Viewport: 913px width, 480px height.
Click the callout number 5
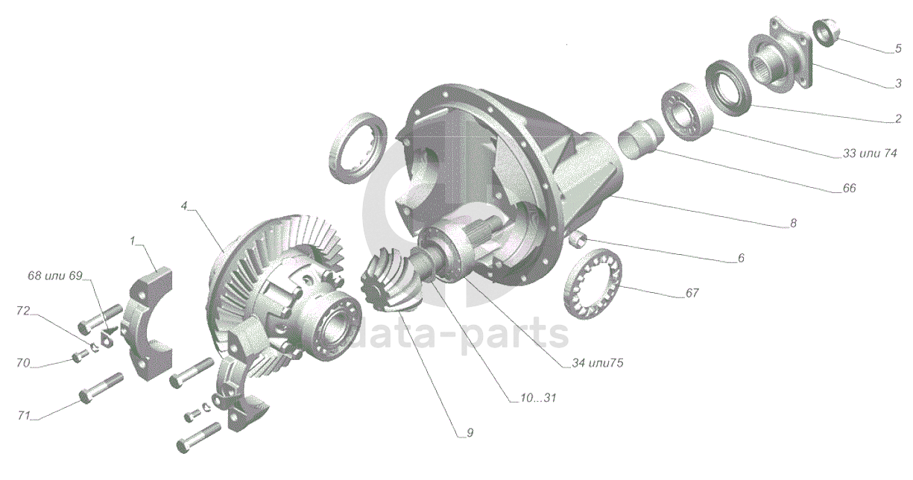click(898, 48)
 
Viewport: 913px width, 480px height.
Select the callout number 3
click(898, 83)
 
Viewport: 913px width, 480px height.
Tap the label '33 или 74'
click(871, 154)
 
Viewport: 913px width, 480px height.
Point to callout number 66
click(850, 189)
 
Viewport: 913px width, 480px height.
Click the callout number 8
click(793, 223)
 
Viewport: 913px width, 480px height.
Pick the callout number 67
click(692, 293)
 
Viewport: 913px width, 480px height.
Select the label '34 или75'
click(598, 363)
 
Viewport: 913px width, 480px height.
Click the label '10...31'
click(538, 398)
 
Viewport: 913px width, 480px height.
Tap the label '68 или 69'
click(55, 276)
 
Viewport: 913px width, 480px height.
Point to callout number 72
click(23, 311)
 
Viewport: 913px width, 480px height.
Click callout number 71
click(24, 416)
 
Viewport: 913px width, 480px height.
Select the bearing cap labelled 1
click(151, 324)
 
